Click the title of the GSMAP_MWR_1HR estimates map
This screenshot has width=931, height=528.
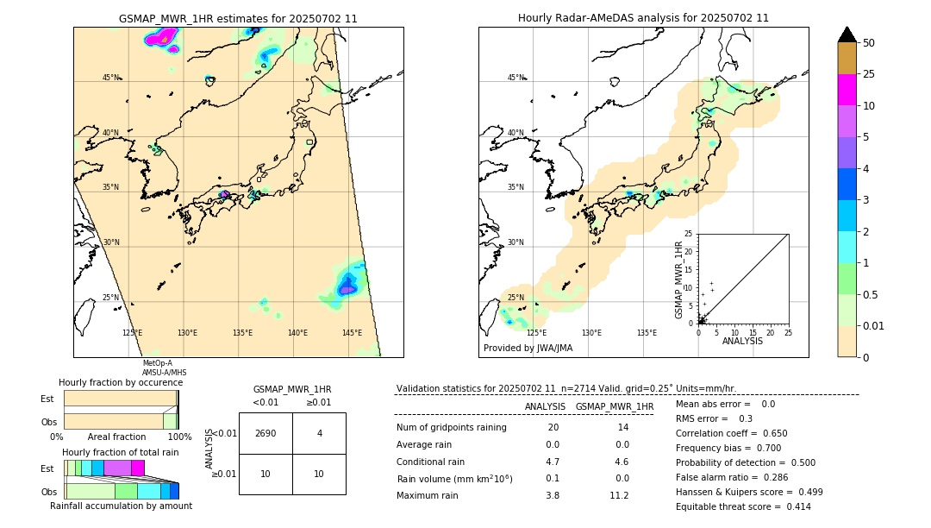point(238,18)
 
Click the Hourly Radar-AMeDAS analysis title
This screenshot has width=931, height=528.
point(643,18)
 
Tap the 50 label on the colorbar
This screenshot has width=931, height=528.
point(869,42)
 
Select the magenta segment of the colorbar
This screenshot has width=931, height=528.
point(847,90)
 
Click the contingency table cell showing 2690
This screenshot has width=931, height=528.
point(266,433)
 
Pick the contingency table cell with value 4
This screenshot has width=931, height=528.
point(319,433)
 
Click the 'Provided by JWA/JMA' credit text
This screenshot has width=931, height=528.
point(528,348)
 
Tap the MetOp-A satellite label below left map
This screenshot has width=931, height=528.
point(158,363)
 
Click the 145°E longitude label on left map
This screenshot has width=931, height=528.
point(352,333)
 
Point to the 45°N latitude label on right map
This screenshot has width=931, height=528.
point(515,78)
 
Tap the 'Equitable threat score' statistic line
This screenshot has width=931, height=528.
point(743,506)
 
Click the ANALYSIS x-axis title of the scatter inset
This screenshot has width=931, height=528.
point(742,341)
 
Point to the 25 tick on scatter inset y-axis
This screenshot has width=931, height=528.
point(689,234)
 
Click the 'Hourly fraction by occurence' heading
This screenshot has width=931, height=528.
point(121,382)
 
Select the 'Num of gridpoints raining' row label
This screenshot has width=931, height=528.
point(452,427)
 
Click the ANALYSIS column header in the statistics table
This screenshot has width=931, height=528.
point(545,406)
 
